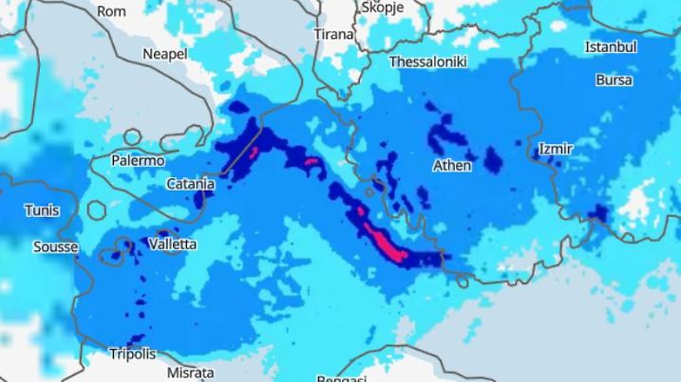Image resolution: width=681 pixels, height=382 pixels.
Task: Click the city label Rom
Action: tap(112, 11)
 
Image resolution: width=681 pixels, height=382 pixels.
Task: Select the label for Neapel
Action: tap(164, 54)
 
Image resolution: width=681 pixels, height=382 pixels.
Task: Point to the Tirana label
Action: tap(333, 34)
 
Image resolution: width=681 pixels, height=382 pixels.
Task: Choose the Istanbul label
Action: tap(611, 46)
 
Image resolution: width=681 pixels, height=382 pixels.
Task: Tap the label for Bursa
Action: tap(614, 80)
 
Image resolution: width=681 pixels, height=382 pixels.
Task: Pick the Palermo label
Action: tap(138, 160)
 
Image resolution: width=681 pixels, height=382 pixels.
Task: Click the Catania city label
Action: tap(190, 185)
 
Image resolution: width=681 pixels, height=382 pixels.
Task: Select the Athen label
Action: tap(452, 165)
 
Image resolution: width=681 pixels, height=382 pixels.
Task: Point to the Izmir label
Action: tap(556, 149)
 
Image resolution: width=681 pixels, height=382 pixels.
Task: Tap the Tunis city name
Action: tap(42, 210)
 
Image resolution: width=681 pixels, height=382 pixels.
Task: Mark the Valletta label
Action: tap(173, 245)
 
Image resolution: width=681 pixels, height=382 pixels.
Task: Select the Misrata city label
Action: tap(191, 373)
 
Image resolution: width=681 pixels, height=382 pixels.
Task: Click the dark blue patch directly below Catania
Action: tap(200, 200)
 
